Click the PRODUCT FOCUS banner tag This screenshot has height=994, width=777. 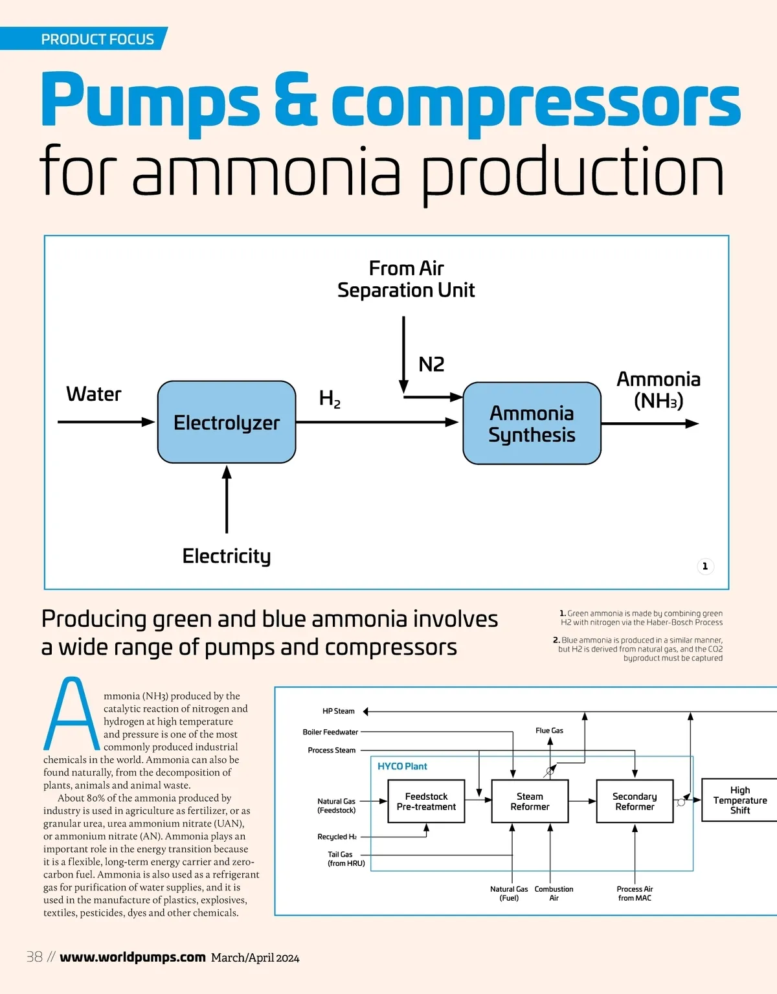tap(97, 39)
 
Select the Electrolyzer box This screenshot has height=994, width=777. tap(227, 422)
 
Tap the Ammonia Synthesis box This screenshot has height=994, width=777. tap(532, 424)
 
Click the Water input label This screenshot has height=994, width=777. tap(94, 394)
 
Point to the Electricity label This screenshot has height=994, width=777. tap(227, 556)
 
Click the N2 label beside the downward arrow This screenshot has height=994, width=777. tap(431, 365)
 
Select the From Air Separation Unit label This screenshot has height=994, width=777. tap(406, 279)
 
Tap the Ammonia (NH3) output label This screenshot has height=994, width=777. tap(659, 389)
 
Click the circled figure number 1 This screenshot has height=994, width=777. tap(705, 566)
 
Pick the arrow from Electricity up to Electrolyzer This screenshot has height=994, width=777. tap(227, 499)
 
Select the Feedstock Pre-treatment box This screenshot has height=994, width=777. tap(426, 801)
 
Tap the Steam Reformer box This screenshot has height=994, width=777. tap(530, 801)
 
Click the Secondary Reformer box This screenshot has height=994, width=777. tap(635, 801)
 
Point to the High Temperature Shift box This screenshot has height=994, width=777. tap(739, 800)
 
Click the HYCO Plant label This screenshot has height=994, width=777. tap(402, 766)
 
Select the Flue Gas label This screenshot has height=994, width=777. tap(549, 730)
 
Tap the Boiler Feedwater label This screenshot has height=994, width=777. tap(330, 732)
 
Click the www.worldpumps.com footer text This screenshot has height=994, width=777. tap(133, 957)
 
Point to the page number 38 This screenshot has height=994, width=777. tap(34, 956)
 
